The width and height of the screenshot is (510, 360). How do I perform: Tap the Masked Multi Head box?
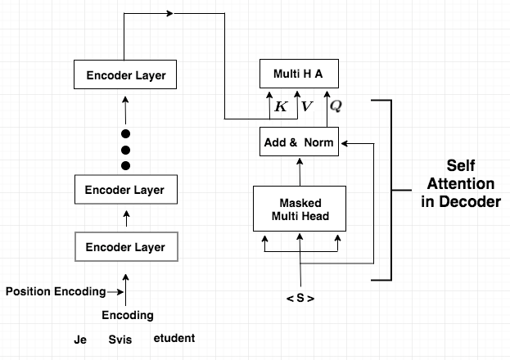[x=300, y=209]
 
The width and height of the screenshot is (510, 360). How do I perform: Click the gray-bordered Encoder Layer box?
[x=126, y=247]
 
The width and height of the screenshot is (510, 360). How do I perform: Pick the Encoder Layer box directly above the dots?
[x=126, y=76]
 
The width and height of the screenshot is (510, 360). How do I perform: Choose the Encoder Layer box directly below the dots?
[x=126, y=190]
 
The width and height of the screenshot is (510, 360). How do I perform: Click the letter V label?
[x=306, y=106]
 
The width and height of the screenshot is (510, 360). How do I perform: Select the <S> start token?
[x=300, y=299]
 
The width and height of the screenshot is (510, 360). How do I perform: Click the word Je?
[x=80, y=338]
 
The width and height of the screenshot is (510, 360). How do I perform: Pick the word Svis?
[x=120, y=338]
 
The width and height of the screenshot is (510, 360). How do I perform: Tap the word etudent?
[x=174, y=338]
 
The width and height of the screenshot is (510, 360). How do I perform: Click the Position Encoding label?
[x=56, y=291]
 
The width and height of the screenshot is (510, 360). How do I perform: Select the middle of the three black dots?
[x=126, y=150]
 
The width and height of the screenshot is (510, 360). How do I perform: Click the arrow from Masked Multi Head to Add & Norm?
[x=300, y=172]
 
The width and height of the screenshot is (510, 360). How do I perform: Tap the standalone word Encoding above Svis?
[x=127, y=315]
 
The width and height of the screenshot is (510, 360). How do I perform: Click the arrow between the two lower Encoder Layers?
[x=126, y=218]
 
